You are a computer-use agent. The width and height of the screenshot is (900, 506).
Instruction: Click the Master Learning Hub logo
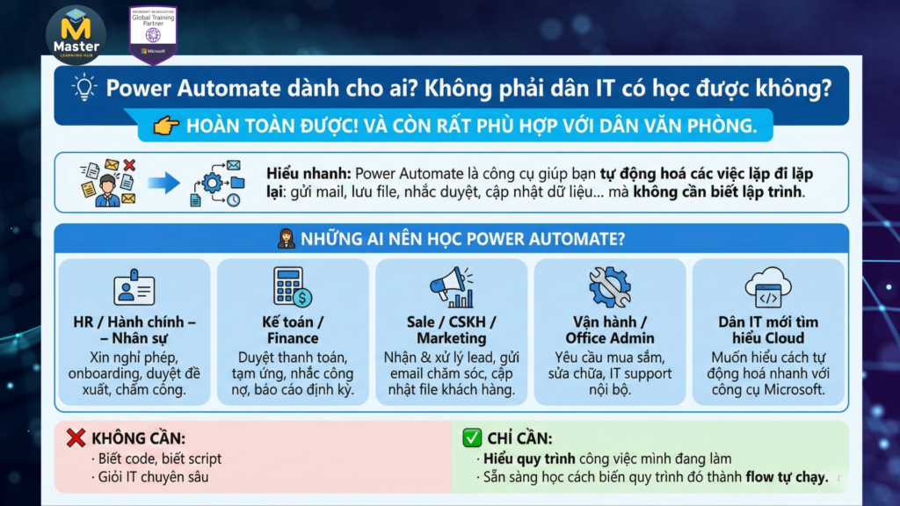pos(76,34)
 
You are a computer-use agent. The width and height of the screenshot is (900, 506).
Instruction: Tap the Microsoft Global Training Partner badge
pos(153,34)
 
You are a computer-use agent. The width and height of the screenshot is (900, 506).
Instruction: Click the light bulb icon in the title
pos(84,88)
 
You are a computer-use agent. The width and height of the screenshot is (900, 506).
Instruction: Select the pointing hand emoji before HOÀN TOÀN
pos(166,126)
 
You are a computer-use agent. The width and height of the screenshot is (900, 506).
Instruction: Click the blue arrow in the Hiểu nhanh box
pos(163,183)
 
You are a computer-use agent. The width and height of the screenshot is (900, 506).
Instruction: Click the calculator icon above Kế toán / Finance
pos(292,286)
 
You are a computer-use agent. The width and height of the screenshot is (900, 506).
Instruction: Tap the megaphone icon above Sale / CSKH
pos(451,287)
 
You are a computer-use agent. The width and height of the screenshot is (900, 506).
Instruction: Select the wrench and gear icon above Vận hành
pos(609,286)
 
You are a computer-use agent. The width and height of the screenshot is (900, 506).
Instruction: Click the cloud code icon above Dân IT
pos(768,286)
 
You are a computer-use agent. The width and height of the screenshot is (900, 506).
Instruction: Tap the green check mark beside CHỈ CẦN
pos(472,437)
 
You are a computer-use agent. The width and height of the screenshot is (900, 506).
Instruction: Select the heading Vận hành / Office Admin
pos(609,329)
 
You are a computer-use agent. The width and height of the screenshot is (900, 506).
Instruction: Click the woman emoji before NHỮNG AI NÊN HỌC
pos(285,238)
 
